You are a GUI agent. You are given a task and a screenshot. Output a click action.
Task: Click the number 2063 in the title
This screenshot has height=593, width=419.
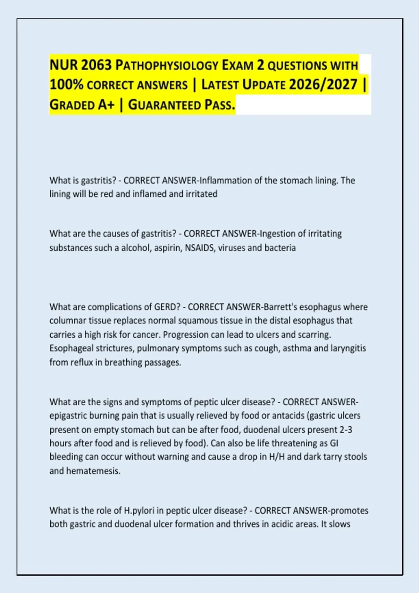[96, 65]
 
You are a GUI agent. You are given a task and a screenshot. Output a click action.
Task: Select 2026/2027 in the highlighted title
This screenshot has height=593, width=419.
[323, 85]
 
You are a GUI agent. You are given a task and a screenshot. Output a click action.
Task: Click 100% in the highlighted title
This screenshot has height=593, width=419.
[66, 85]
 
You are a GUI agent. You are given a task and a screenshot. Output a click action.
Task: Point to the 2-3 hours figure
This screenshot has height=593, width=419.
[346, 429]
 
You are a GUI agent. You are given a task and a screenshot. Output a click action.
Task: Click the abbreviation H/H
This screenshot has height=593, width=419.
[277, 457]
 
